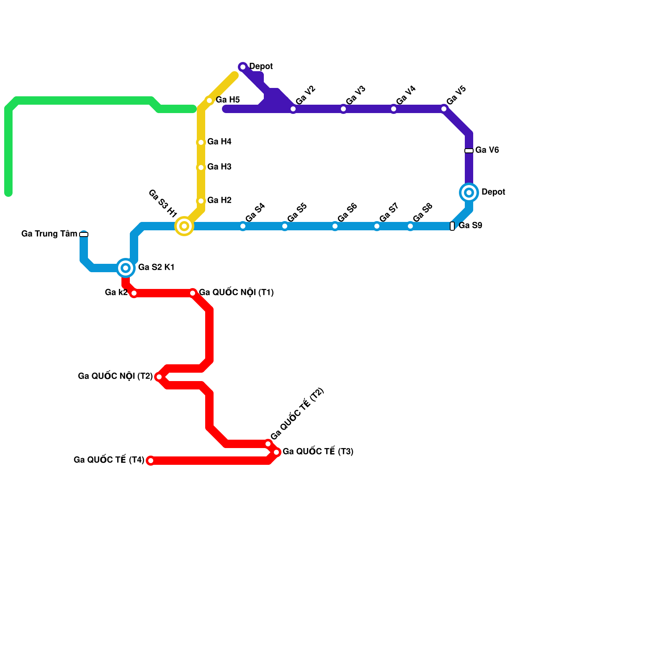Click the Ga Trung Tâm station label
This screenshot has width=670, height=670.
[x=49, y=234]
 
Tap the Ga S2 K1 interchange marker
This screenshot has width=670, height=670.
[x=126, y=268]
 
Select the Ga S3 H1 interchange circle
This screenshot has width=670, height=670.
[x=184, y=226]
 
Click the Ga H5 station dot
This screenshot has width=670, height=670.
[x=209, y=100]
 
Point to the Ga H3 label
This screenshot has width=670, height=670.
[x=219, y=167]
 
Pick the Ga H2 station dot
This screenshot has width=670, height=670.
[x=201, y=201]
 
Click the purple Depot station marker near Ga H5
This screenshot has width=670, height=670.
[x=243, y=67]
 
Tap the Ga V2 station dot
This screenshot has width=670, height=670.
[x=293, y=109]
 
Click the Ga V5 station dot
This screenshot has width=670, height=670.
[x=444, y=109]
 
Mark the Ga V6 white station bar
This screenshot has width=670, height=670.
[x=469, y=151]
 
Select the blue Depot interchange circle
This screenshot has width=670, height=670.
[x=469, y=193]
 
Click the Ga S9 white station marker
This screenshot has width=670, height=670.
[x=452, y=226]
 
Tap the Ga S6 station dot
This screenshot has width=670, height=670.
[x=335, y=226]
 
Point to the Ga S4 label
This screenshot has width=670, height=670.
[x=255, y=213]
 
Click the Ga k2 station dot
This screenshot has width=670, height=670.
[x=134, y=294]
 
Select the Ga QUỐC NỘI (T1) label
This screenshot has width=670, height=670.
[x=236, y=293]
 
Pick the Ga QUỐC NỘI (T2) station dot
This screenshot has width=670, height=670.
[x=159, y=377]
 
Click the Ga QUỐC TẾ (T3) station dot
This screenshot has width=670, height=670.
[x=276, y=452]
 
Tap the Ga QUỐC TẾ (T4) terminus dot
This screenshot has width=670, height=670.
[x=151, y=461]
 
